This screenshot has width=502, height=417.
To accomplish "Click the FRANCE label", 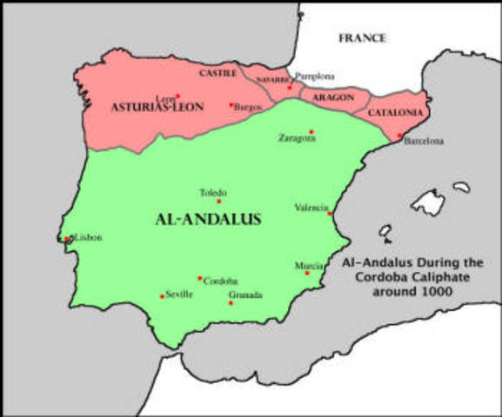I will (x=362, y=38).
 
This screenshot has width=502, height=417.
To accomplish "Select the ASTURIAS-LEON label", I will (x=157, y=107).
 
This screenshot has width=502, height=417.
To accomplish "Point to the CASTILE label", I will (x=218, y=74).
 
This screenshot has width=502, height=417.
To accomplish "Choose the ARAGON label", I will (x=333, y=97).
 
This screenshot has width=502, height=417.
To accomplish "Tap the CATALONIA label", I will (x=396, y=113).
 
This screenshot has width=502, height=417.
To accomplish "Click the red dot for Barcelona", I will (x=400, y=136).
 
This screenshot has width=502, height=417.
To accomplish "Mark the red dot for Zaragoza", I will (x=311, y=132).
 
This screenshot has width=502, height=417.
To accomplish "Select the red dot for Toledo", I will (x=219, y=202).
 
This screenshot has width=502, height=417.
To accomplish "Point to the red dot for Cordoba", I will (x=199, y=279).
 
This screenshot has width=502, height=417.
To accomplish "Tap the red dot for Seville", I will (x=162, y=297).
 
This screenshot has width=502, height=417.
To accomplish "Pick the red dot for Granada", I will (x=231, y=303).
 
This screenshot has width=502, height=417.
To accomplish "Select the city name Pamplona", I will (x=314, y=76).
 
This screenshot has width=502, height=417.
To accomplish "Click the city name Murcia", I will (x=309, y=265).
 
